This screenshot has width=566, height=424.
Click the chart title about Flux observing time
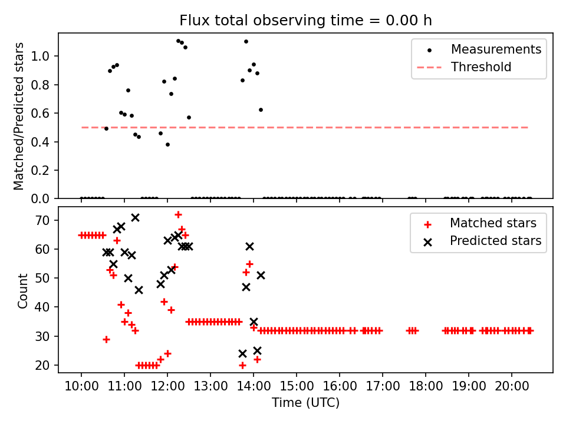point(305,21)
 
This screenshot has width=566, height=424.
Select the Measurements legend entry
point(496,49)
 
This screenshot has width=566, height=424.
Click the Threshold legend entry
point(481,67)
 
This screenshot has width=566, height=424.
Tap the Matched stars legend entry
point(493,223)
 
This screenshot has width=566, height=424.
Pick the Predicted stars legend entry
point(495,240)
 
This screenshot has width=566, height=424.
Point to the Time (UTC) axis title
point(305,403)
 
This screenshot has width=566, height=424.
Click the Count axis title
point(23,290)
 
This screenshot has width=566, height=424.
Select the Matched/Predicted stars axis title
point(19,116)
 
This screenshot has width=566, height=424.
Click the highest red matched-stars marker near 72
point(178,214)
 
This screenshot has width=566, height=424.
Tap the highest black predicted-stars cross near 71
point(135,217)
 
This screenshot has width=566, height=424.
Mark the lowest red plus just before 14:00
point(242,365)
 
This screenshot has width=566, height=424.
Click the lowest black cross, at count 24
point(242,353)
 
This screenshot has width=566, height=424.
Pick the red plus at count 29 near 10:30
point(106,339)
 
